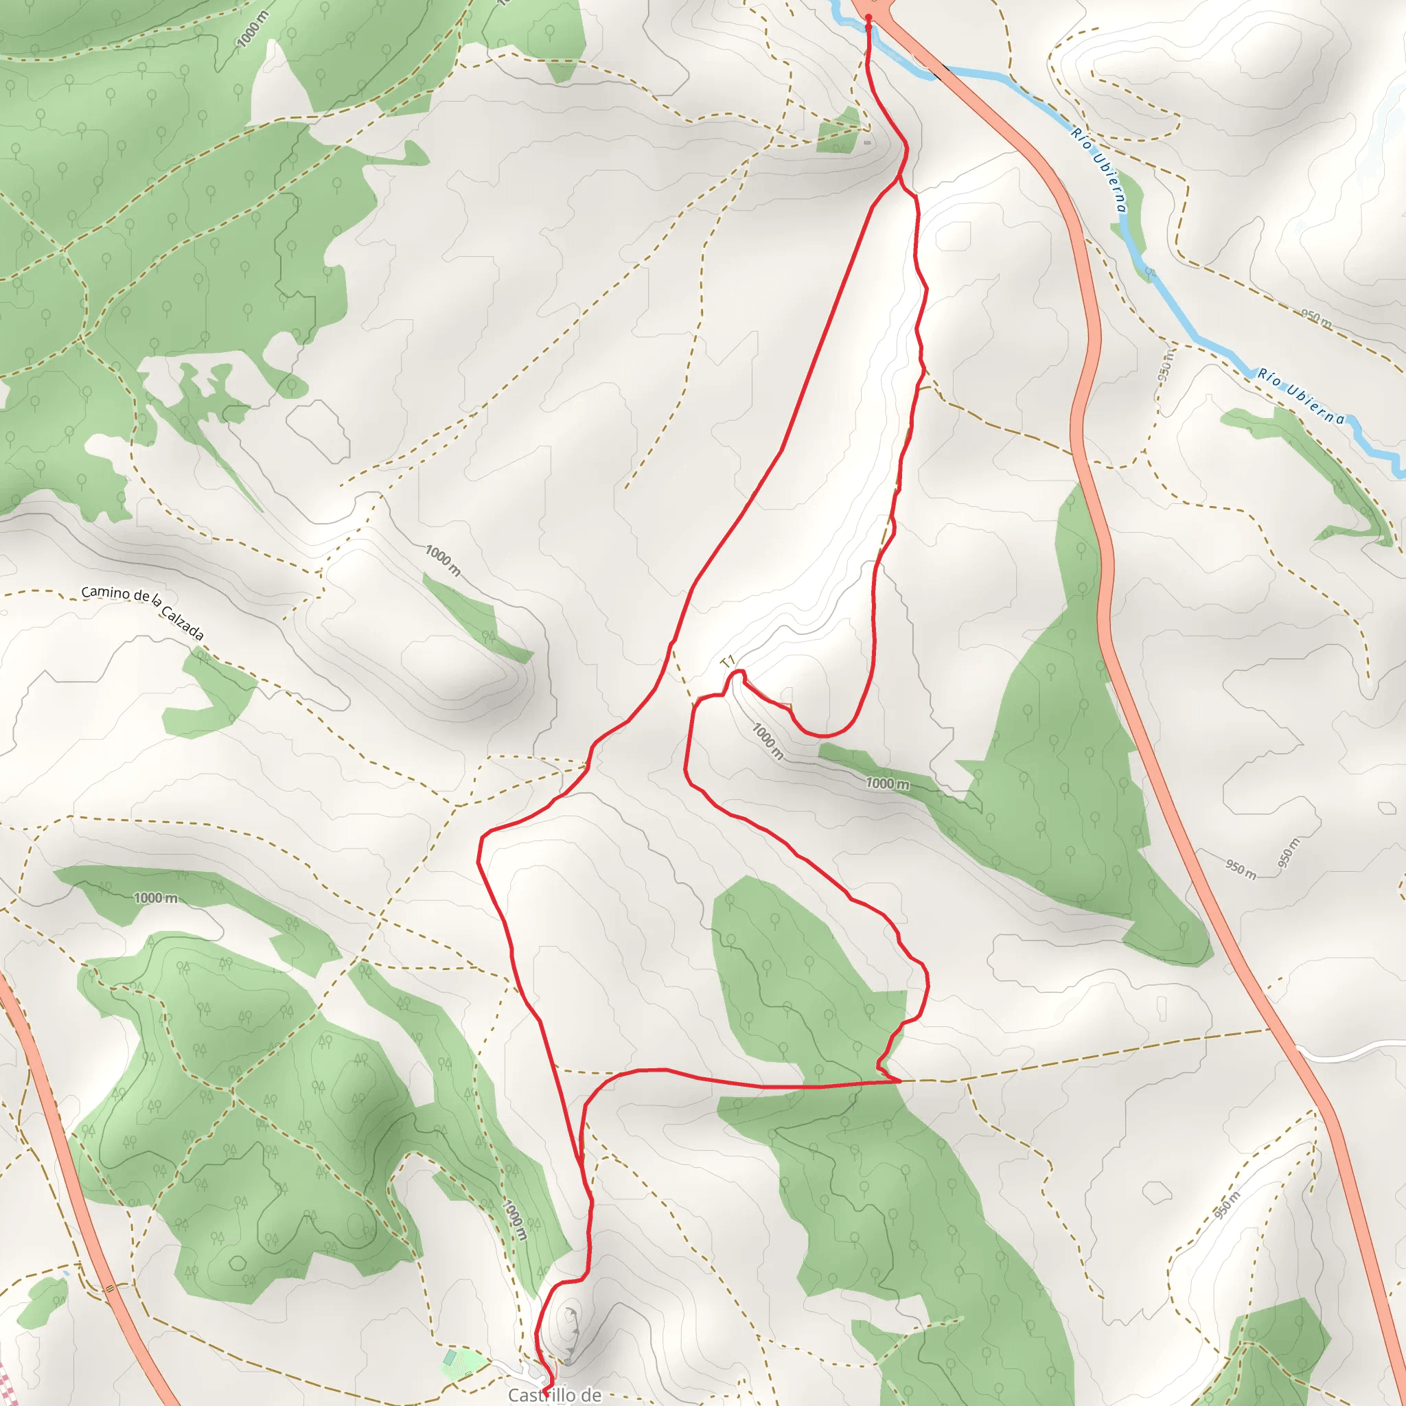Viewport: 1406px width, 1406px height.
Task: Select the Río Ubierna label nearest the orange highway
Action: pyautogui.click(x=1099, y=170)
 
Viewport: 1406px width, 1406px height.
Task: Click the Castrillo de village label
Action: pyautogui.click(x=555, y=1394)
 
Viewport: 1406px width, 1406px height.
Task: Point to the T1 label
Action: pyautogui.click(x=727, y=662)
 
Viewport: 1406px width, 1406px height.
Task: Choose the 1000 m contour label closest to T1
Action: pyautogui.click(x=767, y=741)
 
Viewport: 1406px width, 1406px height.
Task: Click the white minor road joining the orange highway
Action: pyautogui.click(x=1354, y=1052)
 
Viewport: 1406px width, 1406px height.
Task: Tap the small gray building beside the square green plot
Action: pyautogui.click(x=867, y=143)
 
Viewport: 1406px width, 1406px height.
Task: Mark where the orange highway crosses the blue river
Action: pyautogui.click(x=938, y=71)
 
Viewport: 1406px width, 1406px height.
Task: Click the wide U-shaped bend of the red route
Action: pyautogui.click(x=826, y=731)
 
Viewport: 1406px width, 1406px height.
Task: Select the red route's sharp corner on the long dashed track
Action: pyautogui.click(x=899, y=1081)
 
